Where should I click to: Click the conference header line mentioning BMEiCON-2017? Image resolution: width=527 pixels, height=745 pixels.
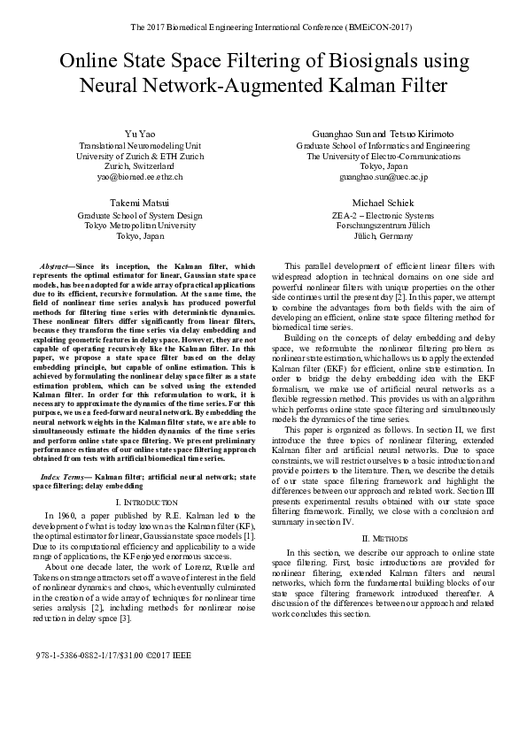tap(263, 27)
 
